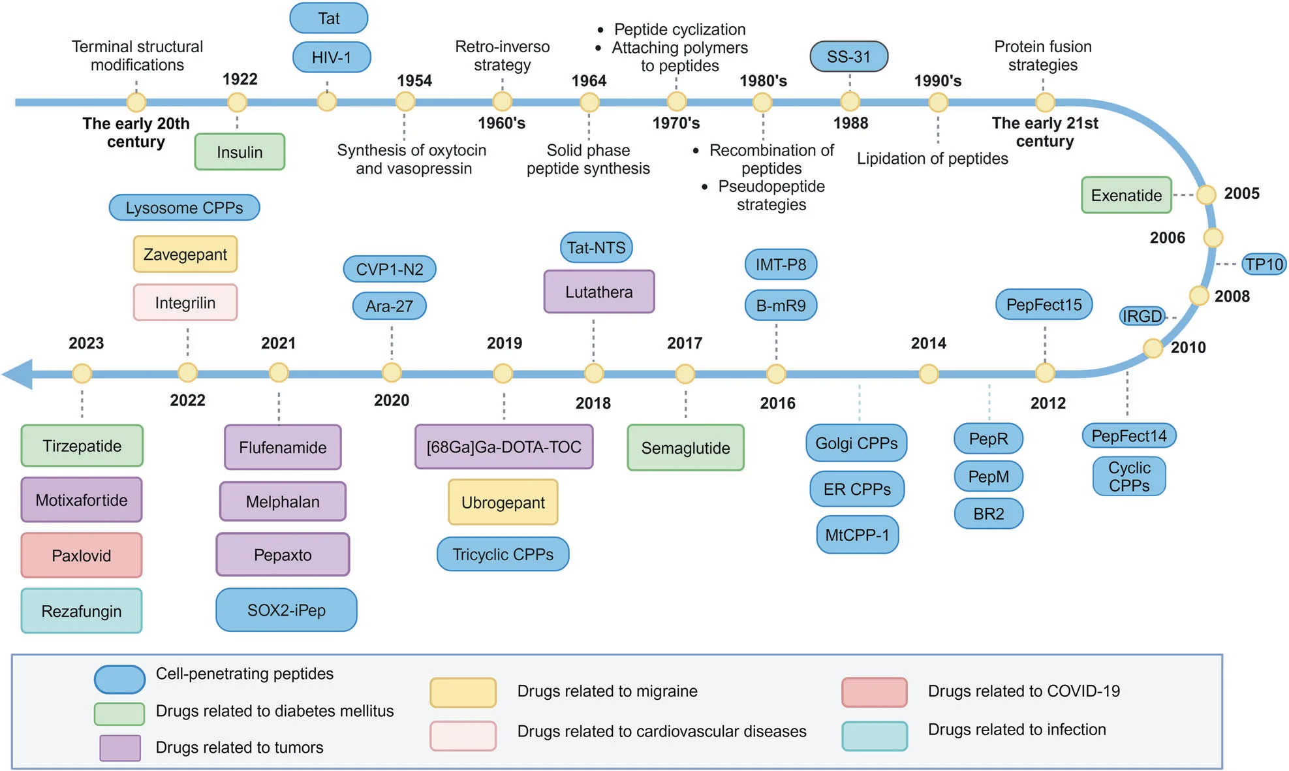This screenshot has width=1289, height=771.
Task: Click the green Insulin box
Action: pyautogui.click(x=240, y=152)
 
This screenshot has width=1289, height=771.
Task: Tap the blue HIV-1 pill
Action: pyautogui.click(x=332, y=57)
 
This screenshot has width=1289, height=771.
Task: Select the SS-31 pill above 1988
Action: pyautogui.click(x=848, y=57)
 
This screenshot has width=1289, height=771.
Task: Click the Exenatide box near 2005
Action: pyautogui.click(x=1126, y=195)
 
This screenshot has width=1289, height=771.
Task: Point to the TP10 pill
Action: pyautogui.click(x=1264, y=264)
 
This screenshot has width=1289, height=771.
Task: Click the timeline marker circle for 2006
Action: pyautogui.click(x=1213, y=238)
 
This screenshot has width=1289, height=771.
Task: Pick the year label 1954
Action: pyautogui.click(x=414, y=81)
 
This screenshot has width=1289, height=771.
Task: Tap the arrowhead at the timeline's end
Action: pyautogui.click(x=18, y=374)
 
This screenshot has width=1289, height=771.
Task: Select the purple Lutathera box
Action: pyautogui.click(x=598, y=292)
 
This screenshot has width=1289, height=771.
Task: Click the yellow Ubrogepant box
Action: pyautogui.click(x=503, y=503)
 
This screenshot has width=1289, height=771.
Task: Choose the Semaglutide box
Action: pyautogui.click(x=685, y=448)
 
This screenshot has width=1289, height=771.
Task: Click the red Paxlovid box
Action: pyautogui.click(x=82, y=556)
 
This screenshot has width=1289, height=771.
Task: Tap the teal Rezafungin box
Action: pyautogui.click(x=82, y=611)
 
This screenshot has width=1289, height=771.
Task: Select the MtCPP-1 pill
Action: pyautogui.click(x=857, y=535)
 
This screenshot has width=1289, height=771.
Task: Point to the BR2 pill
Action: pyautogui.click(x=988, y=514)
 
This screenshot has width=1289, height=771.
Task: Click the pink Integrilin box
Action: pyautogui.click(x=185, y=303)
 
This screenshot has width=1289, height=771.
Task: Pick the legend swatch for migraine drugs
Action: pyautogui.click(x=463, y=693)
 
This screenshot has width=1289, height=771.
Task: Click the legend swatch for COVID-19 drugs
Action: pyautogui.click(x=874, y=693)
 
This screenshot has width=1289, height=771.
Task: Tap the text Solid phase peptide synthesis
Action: pyautogui.click(x=588, y=159)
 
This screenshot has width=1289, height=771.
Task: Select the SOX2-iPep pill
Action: pyautogui.click(x=286, y=610)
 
